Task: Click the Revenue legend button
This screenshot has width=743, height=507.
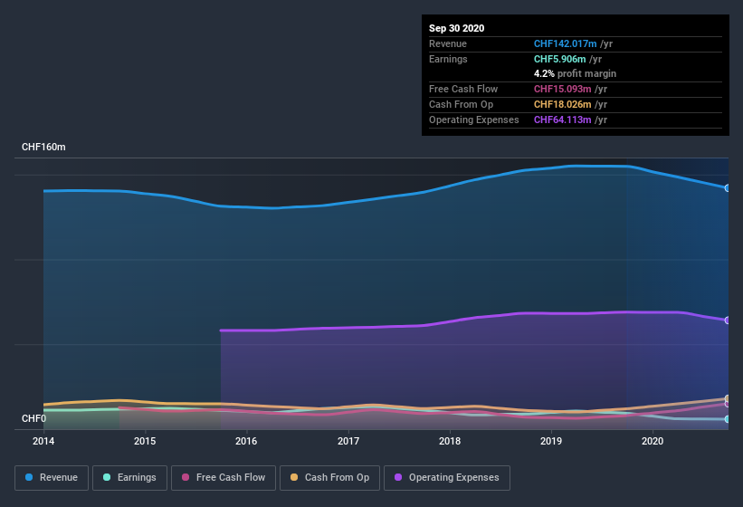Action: click(x=52, y=477)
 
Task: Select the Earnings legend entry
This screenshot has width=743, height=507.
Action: click(x=129, y=477)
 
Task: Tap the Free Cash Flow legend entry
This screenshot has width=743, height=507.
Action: click(x=224, y=477)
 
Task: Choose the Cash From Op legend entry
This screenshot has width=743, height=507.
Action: click(x=329, y=477)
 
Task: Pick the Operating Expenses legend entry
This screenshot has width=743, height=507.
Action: click(x=446, y=477)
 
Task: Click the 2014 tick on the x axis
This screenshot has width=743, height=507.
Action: click(x=43, y=442)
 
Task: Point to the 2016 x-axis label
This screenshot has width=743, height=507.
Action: click(x=245, y=442)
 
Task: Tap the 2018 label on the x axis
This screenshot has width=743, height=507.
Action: click(x=449, y=442)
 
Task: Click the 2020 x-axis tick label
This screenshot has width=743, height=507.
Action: click(x=652, y=442)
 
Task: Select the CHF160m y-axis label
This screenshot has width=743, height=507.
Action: click(x=43, y=147)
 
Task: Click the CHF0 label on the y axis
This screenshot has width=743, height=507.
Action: click(x=33, y=418)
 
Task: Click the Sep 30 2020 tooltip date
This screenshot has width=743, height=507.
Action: click(x=456, y=28)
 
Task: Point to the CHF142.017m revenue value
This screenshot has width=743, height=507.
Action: click(x=566, y=43)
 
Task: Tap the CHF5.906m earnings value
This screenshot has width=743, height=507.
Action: click(x=561, y=59)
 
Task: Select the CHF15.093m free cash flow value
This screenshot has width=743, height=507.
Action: click(x=564, y=89)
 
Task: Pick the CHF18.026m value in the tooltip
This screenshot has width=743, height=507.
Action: click(x=564, y=104)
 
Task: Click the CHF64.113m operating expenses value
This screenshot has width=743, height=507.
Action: click(x=564, y=120)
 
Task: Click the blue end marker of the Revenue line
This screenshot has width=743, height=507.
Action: click(x=727, y=188)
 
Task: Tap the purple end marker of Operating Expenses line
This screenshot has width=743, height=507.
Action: click(x=727, y=320)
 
